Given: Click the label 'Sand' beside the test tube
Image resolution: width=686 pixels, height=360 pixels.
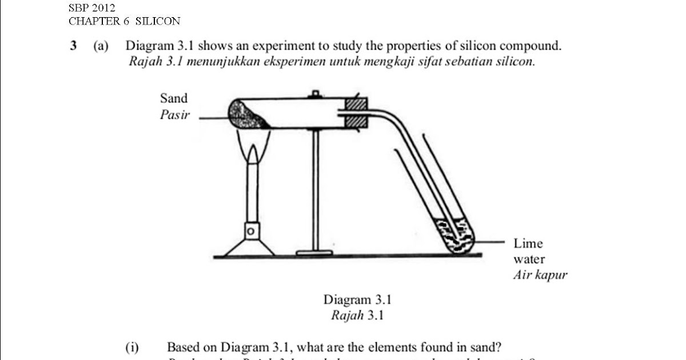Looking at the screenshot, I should tap(174, 98).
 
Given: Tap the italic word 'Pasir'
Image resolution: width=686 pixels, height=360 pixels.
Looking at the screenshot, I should tap(174, 115).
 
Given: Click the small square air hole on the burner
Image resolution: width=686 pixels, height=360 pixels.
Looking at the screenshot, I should tap(250, 231).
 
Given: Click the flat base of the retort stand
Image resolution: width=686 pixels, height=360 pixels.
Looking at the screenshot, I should tap(314, 252).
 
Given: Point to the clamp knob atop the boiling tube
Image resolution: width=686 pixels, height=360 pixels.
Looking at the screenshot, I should tap(314, 94).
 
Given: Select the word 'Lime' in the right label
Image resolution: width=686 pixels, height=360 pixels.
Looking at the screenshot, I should tap(528, 243).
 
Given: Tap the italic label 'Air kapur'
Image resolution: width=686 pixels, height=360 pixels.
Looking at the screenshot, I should tap(540, 275).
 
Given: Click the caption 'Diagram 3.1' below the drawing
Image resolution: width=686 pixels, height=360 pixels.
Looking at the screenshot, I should tap(357, 299).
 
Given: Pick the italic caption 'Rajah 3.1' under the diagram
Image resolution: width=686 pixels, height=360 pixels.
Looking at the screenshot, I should tap(357, 315).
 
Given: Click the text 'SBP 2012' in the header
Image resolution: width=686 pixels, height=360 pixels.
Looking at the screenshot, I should tap(92, 8).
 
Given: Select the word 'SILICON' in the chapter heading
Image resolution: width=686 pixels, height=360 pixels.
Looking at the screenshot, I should tap(158, 22).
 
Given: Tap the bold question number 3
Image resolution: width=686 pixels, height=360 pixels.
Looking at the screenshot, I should tap(74, 46).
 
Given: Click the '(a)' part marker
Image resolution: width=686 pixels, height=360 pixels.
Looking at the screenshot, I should tap(101, 46).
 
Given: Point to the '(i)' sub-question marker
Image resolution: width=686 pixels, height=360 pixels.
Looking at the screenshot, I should tap(133, 347).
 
